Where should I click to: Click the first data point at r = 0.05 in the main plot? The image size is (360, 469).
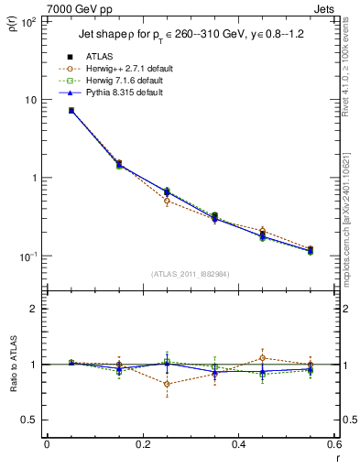tap(71, 110)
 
